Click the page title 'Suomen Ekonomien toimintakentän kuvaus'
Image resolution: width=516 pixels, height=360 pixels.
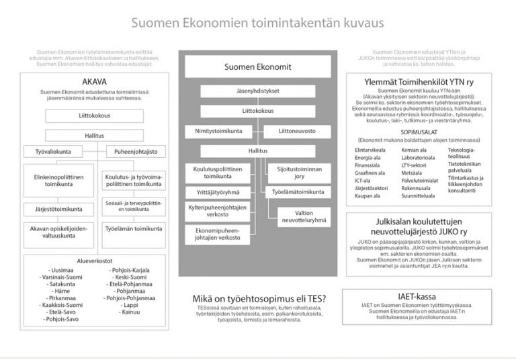257,23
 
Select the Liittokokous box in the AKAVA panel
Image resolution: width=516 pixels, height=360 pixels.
94,116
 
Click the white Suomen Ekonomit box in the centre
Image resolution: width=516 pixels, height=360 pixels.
258,66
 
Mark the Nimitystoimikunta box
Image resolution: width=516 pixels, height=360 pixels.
219,131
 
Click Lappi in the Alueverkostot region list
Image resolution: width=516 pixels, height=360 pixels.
131,304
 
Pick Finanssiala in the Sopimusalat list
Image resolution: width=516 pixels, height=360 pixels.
368,164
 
